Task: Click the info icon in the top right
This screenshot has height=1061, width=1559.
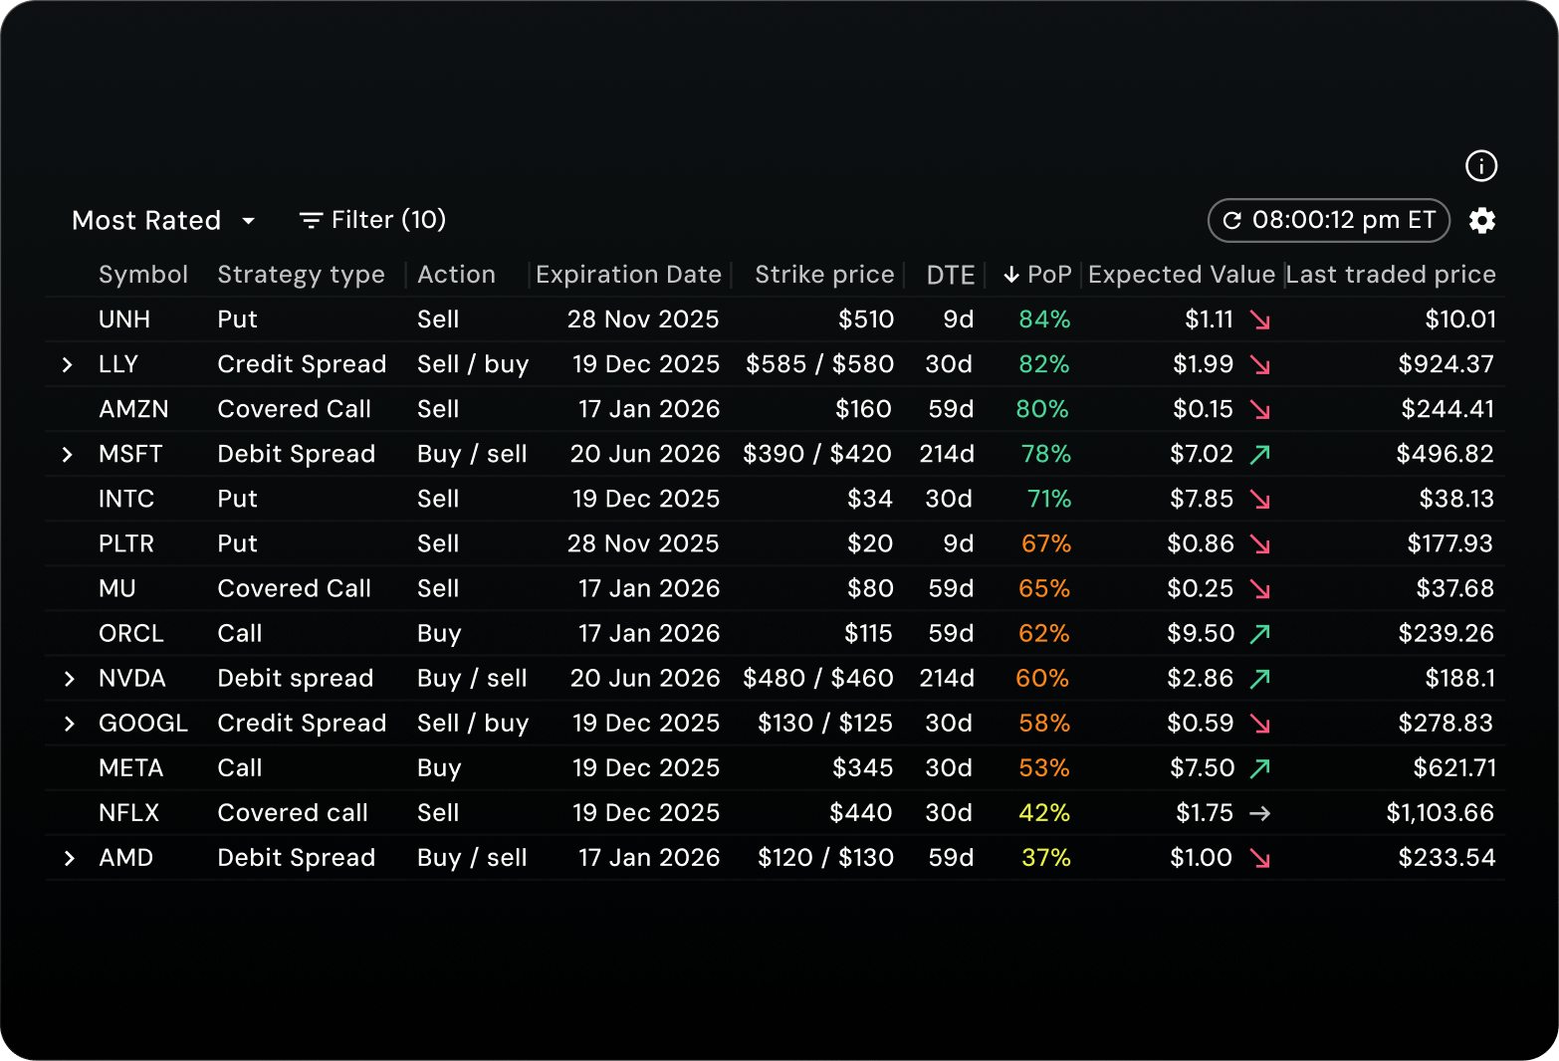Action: tap(1481, 166)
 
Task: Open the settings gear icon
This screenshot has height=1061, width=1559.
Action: tap(1482, 221)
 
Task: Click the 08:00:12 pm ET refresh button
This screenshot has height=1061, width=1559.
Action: tap(1328, 220)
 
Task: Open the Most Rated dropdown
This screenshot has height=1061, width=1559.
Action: tap(164, 220)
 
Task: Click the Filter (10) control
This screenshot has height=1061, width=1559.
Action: tap(372, 220)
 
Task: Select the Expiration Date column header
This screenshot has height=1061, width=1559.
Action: tap(628, 275)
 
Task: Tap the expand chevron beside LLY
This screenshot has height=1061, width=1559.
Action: tap(68, 365)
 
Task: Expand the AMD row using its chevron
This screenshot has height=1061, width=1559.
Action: tap(69, 858)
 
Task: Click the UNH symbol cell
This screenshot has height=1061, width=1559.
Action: tap(124, 319)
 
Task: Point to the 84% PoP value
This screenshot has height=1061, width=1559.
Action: tap(1044, 319)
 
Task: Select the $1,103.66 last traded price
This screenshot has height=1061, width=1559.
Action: tap(1440, 813)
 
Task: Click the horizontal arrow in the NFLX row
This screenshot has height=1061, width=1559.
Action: tap(1259, 813)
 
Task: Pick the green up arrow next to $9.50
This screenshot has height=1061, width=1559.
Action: tap(1259, 634)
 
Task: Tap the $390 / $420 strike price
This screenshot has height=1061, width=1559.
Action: tap(817, 454)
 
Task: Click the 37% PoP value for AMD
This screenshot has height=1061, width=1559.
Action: tap(1045, 858)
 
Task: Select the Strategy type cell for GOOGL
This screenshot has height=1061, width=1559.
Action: tap(302, 724)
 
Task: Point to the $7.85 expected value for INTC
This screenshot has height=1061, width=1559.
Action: tap(1201, 499)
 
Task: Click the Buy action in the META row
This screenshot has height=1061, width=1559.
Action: tap(439, 768)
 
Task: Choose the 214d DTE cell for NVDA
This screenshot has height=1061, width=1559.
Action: tap(946, 679)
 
